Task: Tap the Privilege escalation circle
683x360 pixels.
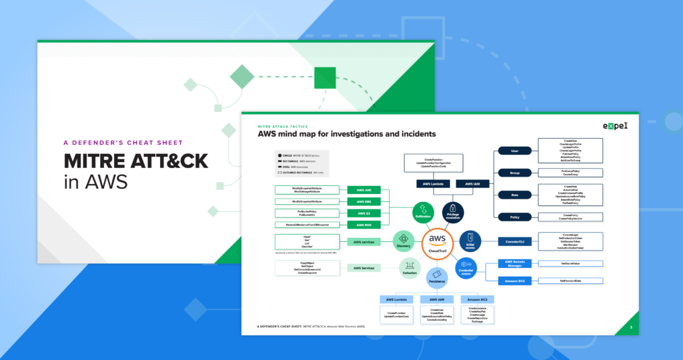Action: (453, 212)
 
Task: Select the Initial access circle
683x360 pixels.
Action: (470, 241)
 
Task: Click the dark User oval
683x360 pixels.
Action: (514, 151)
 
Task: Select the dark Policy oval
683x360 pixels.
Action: (514, 217)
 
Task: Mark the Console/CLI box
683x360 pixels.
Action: (514, 241)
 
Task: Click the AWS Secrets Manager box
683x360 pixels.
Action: (514, 264)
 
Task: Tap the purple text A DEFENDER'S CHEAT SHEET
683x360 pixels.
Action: (123, 142)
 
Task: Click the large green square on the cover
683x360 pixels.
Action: (325, 78)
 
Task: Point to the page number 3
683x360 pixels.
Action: (630, 327)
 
